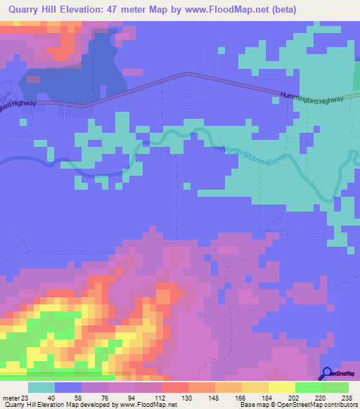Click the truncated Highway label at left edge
(18, 105)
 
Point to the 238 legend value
(345, 397)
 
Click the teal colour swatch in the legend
(41, 387)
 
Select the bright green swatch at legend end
(335, 387)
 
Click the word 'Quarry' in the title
(27, 10)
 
